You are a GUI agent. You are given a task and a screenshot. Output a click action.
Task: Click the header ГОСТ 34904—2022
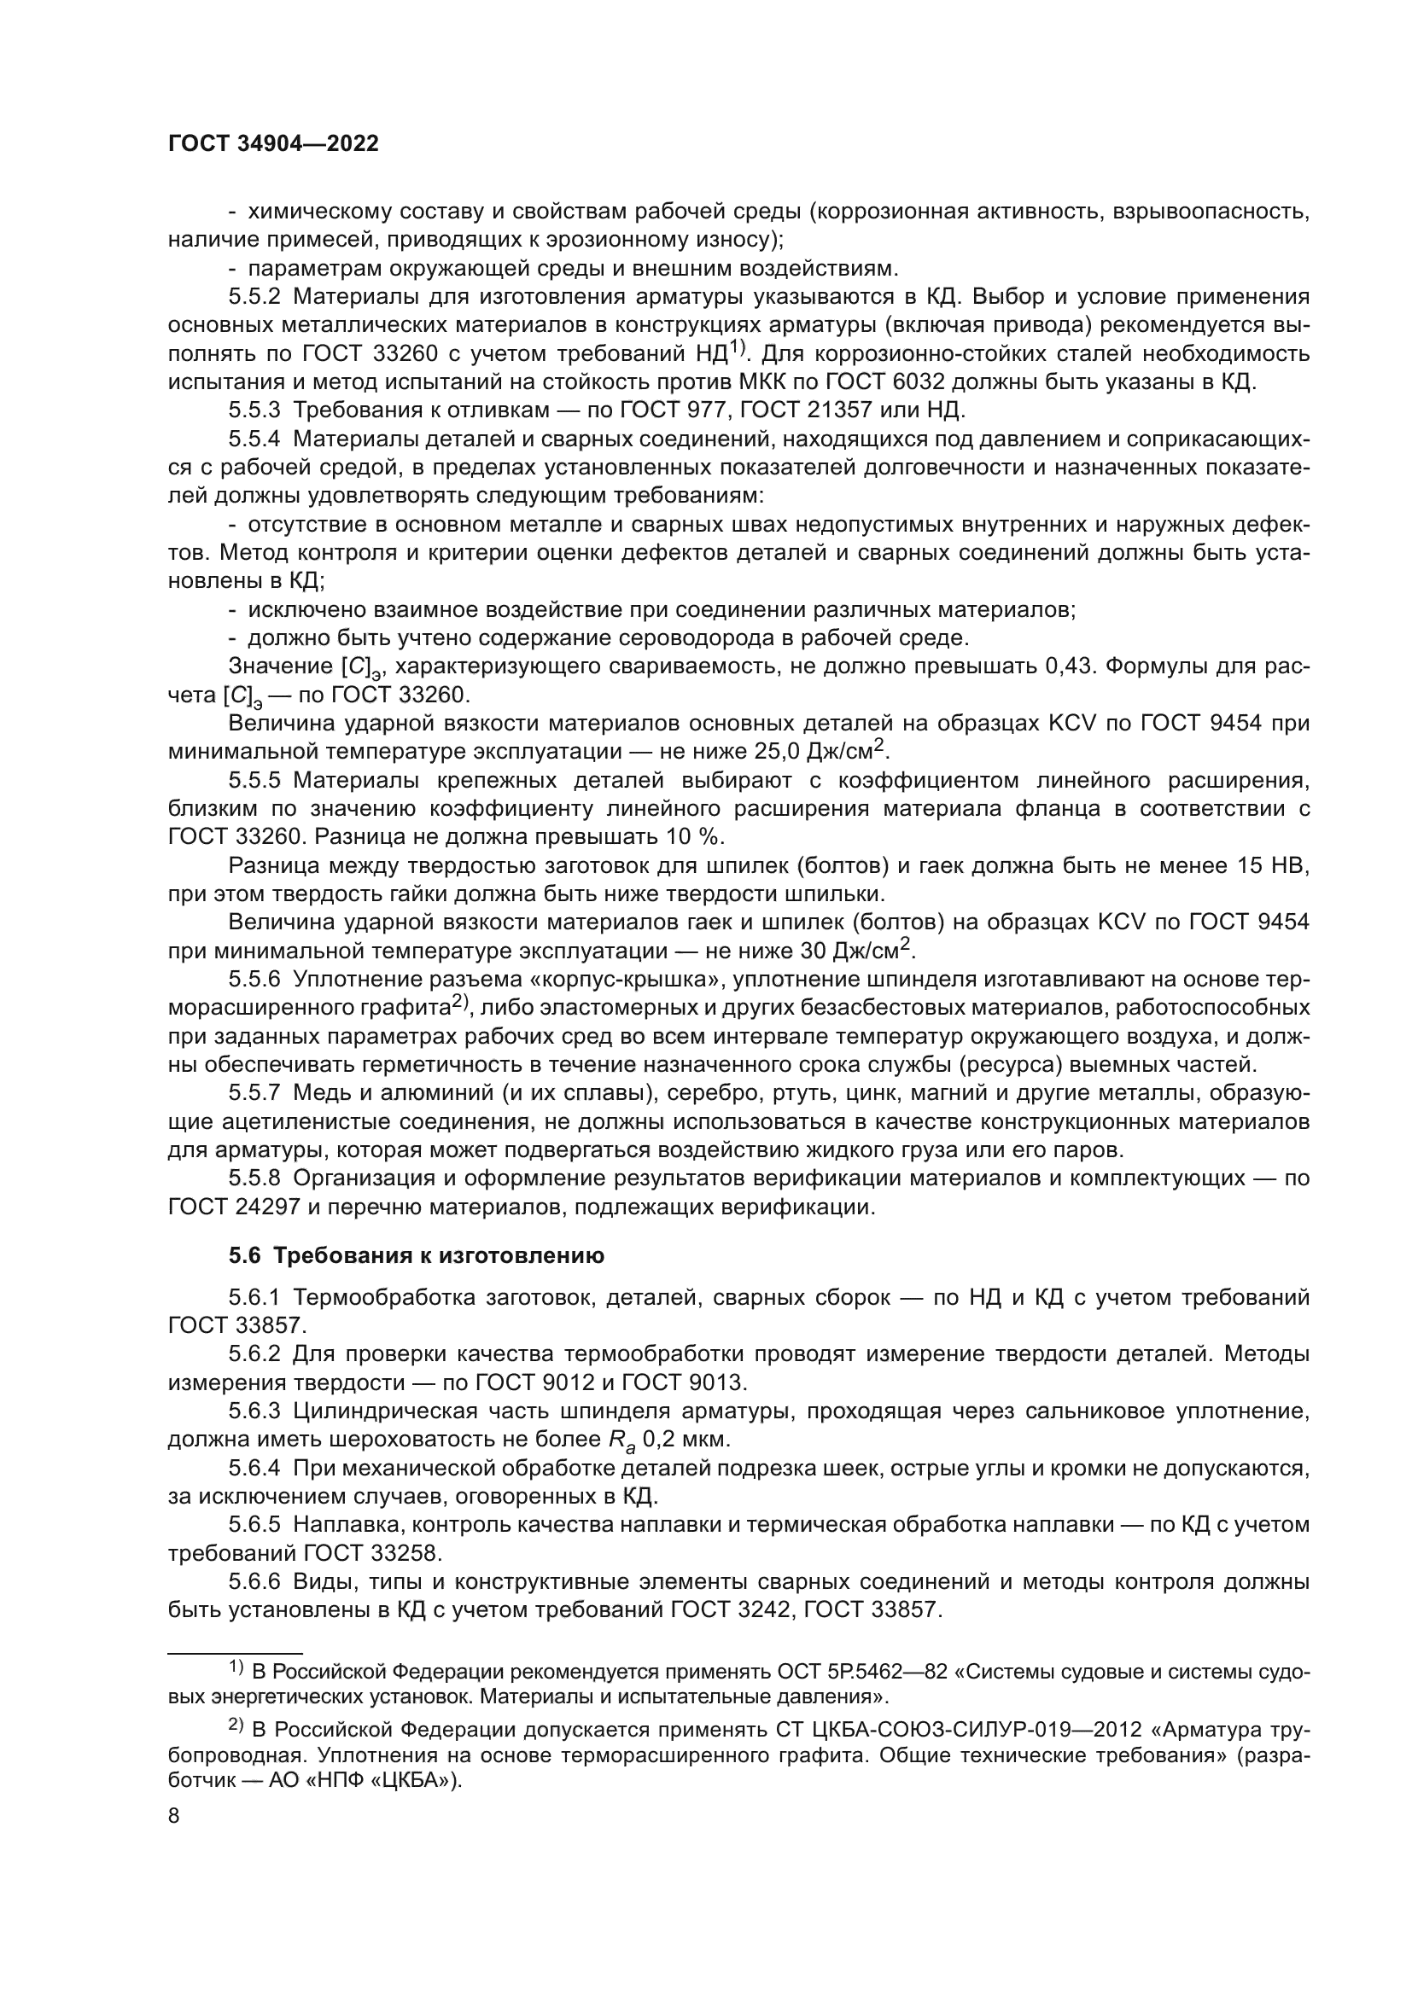[273, 144]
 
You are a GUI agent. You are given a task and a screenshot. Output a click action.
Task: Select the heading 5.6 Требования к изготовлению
[417, 1256]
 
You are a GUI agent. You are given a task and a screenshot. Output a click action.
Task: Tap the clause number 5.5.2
[254, 297]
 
